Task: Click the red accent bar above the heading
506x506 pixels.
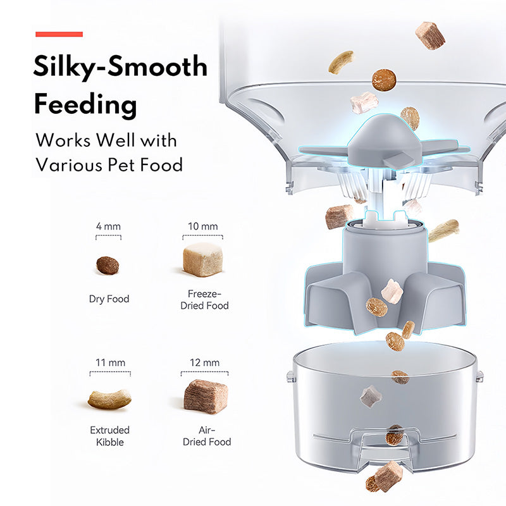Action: click(x=59, y=34)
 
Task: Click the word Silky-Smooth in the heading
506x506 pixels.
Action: click(x=120, y=67)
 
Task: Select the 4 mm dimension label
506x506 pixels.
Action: click(x=108, y=226)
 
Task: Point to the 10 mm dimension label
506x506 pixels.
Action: click(x=202, y=226)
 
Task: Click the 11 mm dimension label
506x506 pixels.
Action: click(x=110, y=362)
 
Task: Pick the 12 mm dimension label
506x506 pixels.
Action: click(x=204, y=362)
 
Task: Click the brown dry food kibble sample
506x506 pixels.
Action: click(x=108, y=265)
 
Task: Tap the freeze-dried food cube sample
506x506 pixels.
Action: click(x=202, y=259)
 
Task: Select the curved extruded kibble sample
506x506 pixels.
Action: click(x=109, y=399)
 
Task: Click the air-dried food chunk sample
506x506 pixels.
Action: click(x=206, y=397)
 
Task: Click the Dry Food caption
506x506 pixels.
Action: click(x=109, y=299)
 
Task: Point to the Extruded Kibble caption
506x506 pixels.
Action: click(x=109, y=436)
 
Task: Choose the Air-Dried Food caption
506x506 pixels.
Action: click(x=207, y=436)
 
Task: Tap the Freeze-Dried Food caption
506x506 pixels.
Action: click(x=204, y=300)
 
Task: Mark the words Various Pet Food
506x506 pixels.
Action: click(x=109, y=165)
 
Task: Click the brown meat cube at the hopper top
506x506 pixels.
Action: click(x=430, y=35)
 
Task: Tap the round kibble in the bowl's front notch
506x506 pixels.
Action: click(x=394, y=435)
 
